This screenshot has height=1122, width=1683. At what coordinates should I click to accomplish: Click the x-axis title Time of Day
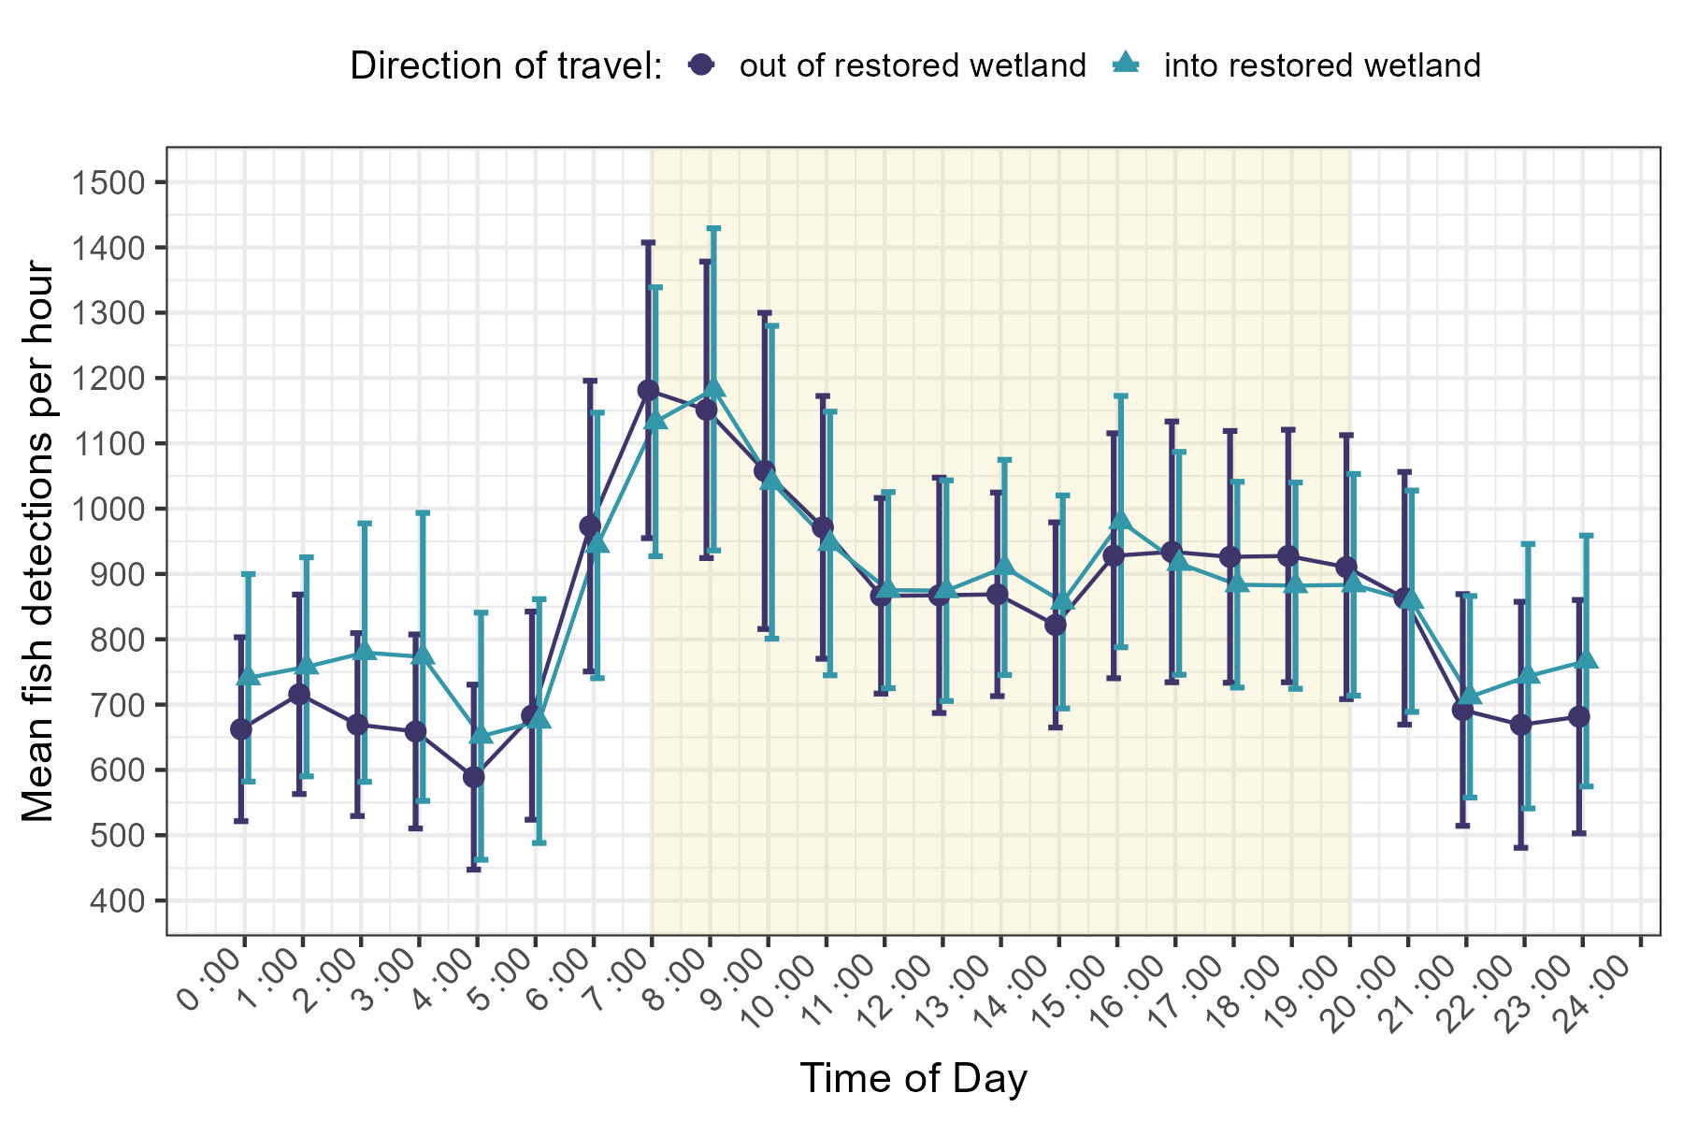(913, 1078)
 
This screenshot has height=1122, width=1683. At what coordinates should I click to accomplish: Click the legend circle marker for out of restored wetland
(701, 65)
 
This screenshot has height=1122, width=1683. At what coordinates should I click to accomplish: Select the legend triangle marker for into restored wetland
(1126, 64)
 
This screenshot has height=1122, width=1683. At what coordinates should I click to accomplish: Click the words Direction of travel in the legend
(506, 65)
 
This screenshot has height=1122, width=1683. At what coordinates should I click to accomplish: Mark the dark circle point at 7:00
(648, 390)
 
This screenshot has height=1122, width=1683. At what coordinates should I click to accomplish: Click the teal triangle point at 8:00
(714, 387)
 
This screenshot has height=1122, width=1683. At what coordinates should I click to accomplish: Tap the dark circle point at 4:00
(474, 777)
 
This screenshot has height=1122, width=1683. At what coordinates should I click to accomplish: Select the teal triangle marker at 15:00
(1121, 521)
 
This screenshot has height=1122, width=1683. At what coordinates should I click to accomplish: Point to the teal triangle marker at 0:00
(249, 677)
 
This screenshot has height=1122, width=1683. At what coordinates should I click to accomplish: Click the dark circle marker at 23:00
(1578, 717)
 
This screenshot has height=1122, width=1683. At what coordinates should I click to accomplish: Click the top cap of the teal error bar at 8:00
(714, 228)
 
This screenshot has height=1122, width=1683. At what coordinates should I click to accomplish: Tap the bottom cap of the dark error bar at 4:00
(474, 870)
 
